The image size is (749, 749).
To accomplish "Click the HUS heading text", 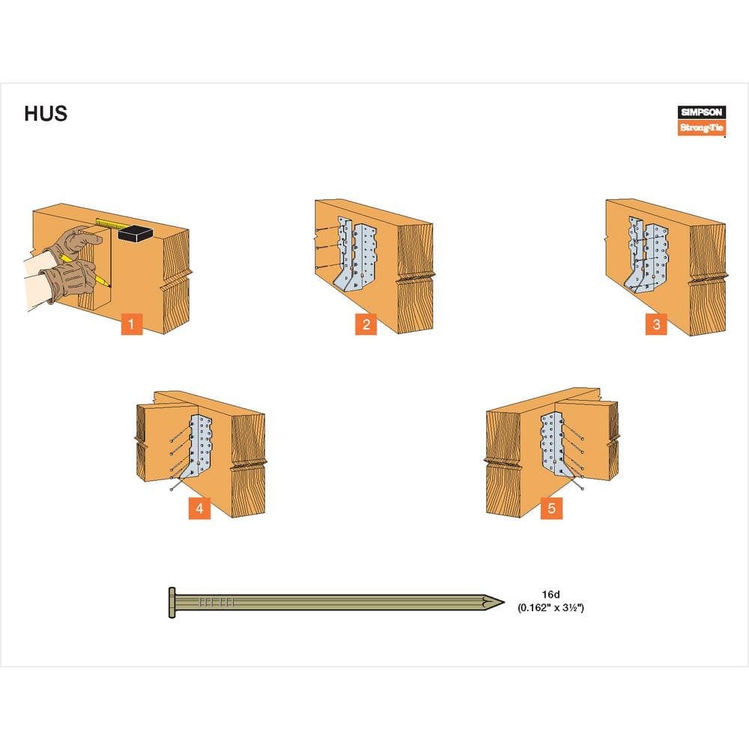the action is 46,114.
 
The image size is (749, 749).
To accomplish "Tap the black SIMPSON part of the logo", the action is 702,112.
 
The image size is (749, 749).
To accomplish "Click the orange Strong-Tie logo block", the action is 702,127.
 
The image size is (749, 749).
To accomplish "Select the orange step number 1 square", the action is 131,324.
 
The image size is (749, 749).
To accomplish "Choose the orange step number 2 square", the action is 366,324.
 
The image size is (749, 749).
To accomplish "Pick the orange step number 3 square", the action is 656,324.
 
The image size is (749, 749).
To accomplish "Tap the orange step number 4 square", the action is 200,509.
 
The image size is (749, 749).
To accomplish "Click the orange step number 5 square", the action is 551,509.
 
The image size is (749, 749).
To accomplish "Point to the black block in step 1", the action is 135,233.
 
